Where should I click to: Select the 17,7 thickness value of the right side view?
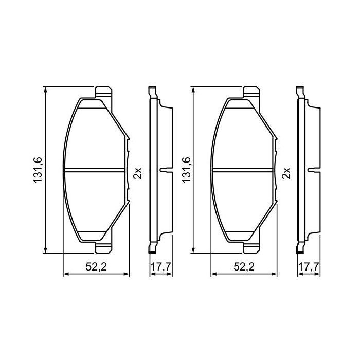[309, 267]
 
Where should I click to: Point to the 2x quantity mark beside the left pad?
[137, 173]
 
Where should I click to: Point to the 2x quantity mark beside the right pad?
[287, 173]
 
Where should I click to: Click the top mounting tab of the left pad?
[104, 93]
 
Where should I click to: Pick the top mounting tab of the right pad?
[251, 93]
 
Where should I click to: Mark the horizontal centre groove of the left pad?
[96, 170]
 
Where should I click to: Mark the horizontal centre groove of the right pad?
[244, 170]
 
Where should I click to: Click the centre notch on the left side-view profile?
[164, 170]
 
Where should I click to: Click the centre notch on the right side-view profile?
[312, 170]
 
